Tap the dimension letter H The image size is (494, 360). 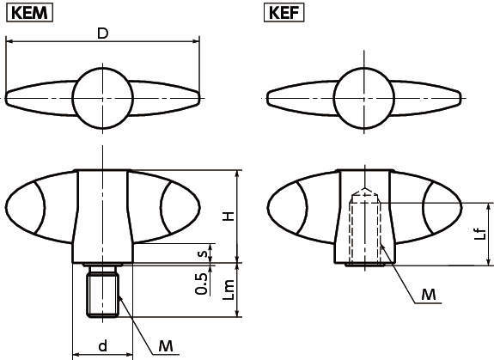pyautogui.click(x=228, y=216)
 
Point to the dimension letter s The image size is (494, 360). pyautogui.click(x=202, y=253)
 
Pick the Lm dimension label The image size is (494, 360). pyautogui.click(x=228, y=292)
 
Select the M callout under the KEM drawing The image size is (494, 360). pyautogui.click(x=168, y=346)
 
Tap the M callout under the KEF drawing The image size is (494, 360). pyautogui.click(x=429, y=296)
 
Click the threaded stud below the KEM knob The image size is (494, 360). pyautogui.click(x=101, y=294)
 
